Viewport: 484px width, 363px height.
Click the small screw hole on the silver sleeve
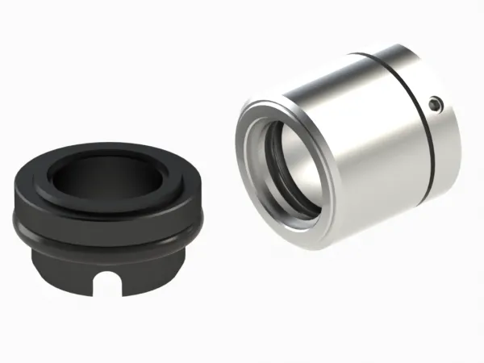point(435,103)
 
